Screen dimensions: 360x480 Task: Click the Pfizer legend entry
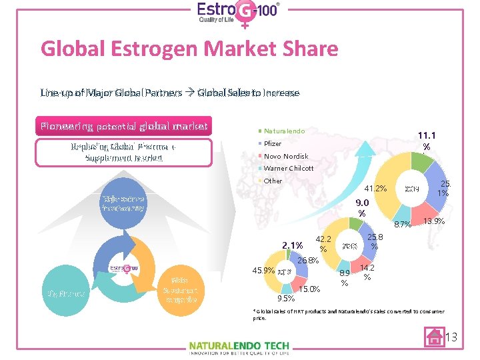[x=273, y=143]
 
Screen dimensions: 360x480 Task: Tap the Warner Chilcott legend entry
[x=288, y=168]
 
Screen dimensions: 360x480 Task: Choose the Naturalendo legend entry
[x=283, y=131]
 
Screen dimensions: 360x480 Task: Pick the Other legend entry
[x=273, y=181]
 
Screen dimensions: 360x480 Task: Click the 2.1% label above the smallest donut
[x=293, y=245]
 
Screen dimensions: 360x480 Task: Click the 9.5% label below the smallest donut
[x=287, y=299]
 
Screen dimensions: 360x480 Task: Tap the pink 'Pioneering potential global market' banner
[x=125, y=126]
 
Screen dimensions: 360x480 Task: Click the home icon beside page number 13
[x=434, y=336]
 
